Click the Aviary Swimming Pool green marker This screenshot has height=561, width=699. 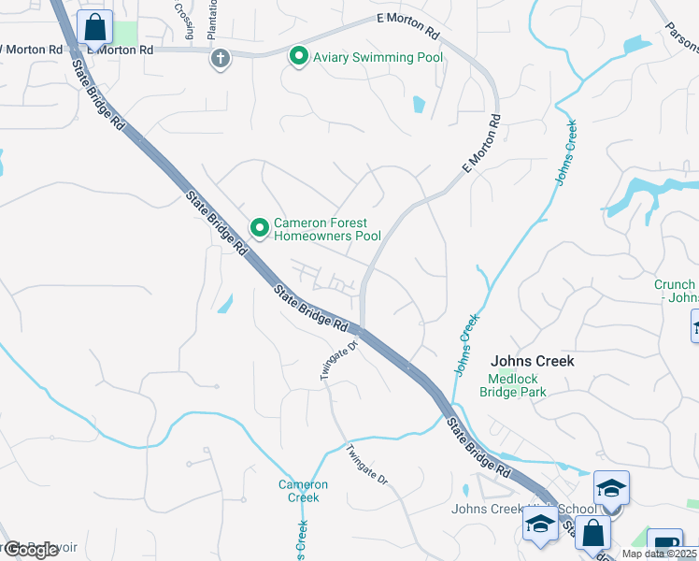coord(299,57)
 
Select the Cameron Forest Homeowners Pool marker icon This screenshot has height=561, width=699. coord(260,227)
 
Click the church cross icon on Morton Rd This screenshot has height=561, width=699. coord(220,58)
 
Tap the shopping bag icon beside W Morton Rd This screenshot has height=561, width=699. coord(95,28)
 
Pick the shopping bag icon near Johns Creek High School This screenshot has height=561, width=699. coord(592,534)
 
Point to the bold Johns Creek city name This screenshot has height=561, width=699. coord(532,361)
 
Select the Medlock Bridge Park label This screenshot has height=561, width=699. coord(512,385)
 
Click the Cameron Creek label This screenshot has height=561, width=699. coord(303,491)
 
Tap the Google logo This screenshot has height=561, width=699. coord(31,550)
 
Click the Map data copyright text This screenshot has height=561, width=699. coord(660,554)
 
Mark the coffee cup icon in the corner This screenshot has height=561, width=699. coord(665,544)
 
